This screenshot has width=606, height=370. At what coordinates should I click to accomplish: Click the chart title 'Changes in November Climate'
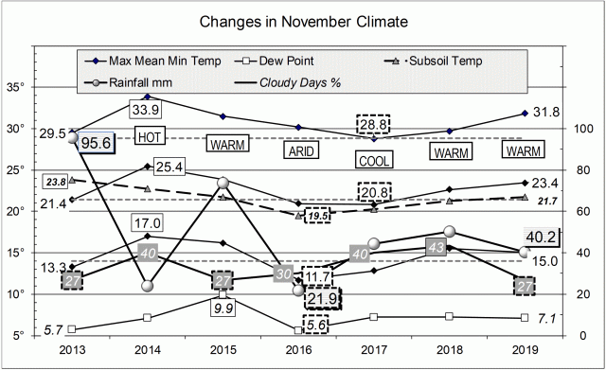coord(302,21)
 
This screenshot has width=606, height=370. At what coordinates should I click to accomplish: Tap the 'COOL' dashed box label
coord(373,160)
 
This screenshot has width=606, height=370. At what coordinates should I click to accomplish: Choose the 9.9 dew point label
coord(223,309)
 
